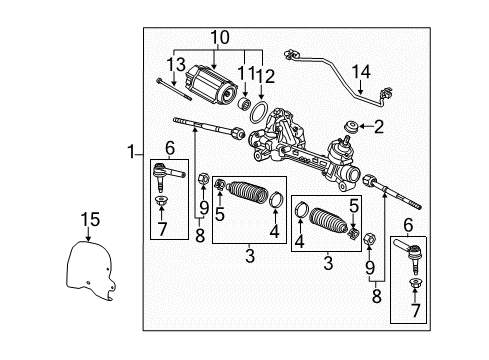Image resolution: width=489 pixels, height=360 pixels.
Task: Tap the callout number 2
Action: pyautogui.click(x=379, y=126)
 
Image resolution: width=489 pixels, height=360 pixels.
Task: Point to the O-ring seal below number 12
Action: pyautogui.click(x=258, y=111)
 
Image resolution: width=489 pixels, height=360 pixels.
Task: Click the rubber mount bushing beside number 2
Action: pyautogui.click(x=354, y=126)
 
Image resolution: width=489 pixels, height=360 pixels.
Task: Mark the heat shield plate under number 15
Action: pyautogui.click(x=88, y=274)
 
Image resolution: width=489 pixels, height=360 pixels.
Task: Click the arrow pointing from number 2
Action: pyautogui.click(x=367, y=126)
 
